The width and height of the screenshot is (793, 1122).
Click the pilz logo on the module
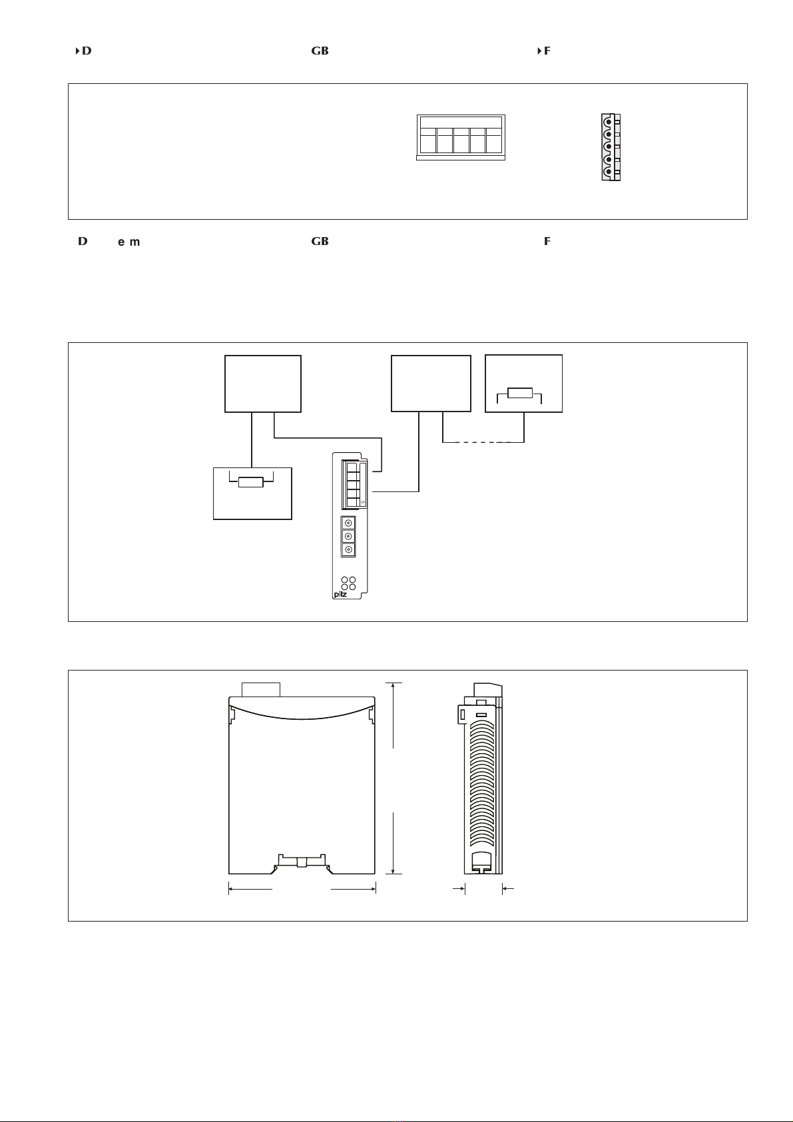(x=340, y=594)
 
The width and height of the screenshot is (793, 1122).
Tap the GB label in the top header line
(x=320, y=51)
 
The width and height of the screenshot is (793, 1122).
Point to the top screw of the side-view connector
(x=608, y=121)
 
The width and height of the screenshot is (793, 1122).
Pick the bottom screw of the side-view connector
(x=608, y=172)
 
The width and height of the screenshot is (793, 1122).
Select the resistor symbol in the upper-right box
(x=520, y=393)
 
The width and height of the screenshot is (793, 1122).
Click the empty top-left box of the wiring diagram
(x=263, y=384)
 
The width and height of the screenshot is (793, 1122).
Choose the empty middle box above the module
(x=431, y=384)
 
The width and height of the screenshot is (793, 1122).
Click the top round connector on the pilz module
(x=348, y=523)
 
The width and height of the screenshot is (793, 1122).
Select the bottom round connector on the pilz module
(x=348, y=549)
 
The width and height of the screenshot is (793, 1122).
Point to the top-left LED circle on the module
(x=344, y=579)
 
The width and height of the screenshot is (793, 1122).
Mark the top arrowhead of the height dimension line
(x=394, y=685)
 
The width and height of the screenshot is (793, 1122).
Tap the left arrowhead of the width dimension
(x=231, y=888)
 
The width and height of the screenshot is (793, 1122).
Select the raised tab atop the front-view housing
(x=261, y=689)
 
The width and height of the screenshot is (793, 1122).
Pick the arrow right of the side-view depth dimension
(x=505, y=888)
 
